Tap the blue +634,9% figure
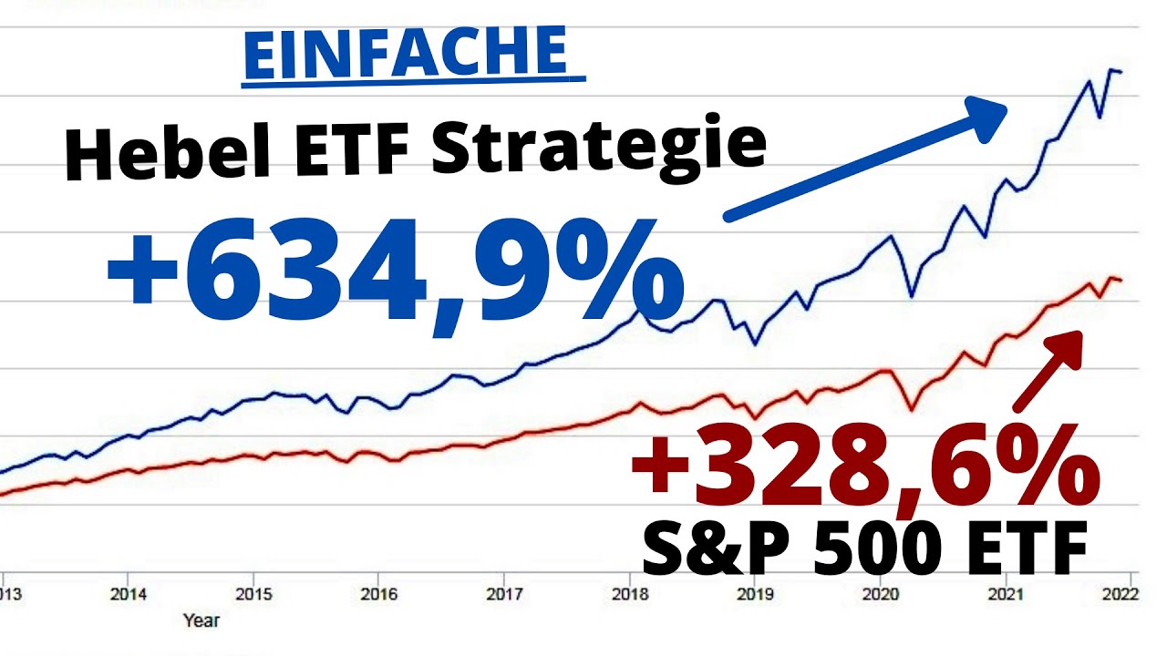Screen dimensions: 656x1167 [395, 272]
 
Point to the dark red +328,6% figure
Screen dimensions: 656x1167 [864, 468]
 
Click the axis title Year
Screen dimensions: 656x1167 [201, 620]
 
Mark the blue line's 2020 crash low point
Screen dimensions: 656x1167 [911, 296]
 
